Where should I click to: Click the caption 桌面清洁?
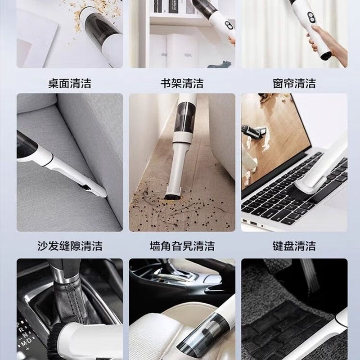(x=69, y=83)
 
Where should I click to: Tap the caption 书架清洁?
(x=182, y=83)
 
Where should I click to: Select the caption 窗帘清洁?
(x=294, y=83)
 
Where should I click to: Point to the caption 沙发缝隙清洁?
(x=69, y=246)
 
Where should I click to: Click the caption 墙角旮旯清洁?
(x=182, y=246)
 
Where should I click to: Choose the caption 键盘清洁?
(x=294, y=246)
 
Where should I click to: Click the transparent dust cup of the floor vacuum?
(x=184, y=115)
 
